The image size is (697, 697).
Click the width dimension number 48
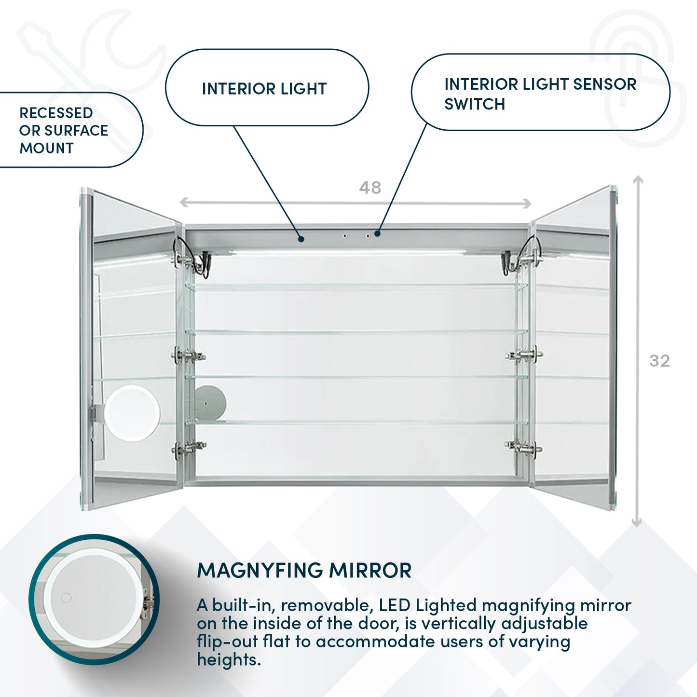point(370,188)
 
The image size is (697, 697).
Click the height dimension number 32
point(659,361)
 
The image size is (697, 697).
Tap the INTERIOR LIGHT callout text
point(264,89)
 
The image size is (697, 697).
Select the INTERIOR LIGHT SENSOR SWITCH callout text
point(540,94)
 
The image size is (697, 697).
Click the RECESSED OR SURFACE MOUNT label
point(63,131)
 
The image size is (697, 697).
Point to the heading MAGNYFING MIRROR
point(304,571)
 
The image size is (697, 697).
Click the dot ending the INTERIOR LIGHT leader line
point(301,239)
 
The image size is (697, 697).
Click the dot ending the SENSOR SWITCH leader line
point(377,234)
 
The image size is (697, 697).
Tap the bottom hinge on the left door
point(189,448)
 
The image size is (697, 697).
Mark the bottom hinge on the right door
point(524,447)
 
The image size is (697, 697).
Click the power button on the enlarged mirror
point(66,598)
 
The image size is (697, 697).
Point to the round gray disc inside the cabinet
point(211,402)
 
